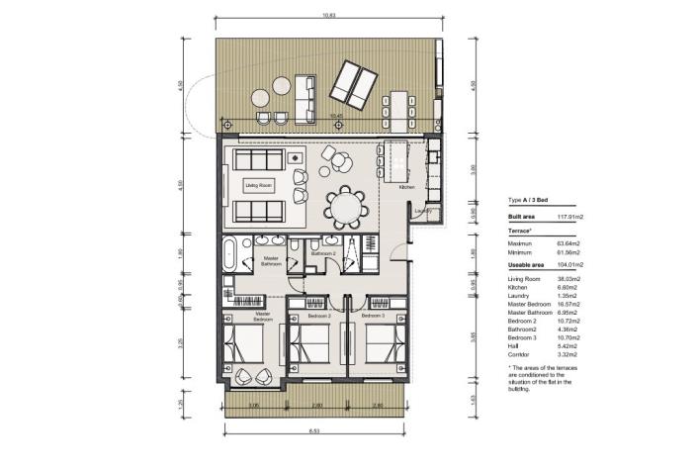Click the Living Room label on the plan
coord(259,185)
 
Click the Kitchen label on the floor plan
coord(406,187)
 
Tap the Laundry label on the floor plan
coord(424,210)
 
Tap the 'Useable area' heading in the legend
coord(527,265)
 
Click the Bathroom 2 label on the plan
coord(323,254)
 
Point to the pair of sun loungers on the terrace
coord(353,83)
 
